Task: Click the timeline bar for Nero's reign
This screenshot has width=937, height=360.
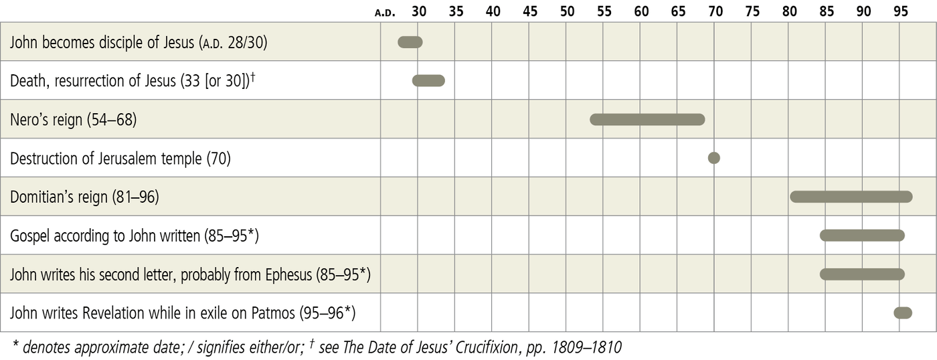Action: coord(647,120)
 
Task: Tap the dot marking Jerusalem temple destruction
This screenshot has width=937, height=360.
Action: coord(714,158)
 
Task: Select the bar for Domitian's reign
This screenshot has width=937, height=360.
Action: coord(851,197)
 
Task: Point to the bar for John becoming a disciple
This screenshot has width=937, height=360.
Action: coord(410,42)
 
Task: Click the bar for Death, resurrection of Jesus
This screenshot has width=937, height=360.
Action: coord(428,81)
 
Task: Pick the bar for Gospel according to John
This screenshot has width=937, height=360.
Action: coord(862,236)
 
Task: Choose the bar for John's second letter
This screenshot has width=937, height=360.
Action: coord(862,274)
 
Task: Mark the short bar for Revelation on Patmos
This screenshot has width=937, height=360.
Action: coord(903,312)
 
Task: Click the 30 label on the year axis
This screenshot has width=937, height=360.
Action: coord(419,11)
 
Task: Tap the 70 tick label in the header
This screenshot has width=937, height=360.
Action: coord(715,11)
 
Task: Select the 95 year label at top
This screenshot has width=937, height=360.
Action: coord(901,11)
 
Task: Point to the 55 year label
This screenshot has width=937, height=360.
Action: coord(604,11)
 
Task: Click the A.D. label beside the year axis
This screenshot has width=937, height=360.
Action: coord(386,12)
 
